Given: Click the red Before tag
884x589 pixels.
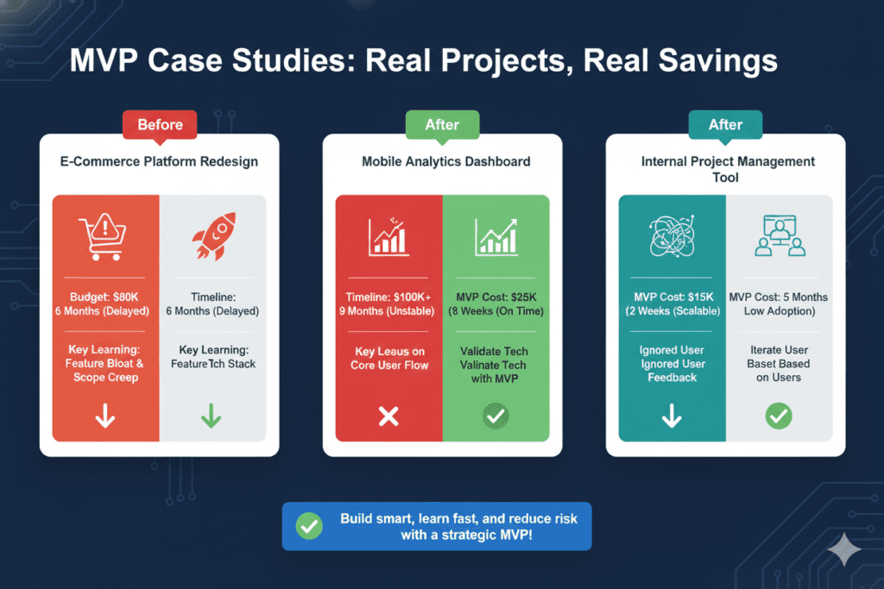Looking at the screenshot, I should tap(160, 124).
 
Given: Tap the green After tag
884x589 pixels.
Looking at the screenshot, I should tap(442, 124).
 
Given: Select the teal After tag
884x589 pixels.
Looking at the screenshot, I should tap(725, 124).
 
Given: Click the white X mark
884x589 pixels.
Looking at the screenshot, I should tap(388, 417).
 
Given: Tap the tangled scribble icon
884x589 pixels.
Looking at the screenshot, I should tap(672, 235).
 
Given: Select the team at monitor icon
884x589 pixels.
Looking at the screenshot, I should tap(779, 235).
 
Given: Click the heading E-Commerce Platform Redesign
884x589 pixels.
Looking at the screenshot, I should tap(160, 161).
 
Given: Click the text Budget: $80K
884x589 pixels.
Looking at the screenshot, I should tap(105, 297).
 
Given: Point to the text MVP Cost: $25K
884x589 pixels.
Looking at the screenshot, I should tap(496, 297).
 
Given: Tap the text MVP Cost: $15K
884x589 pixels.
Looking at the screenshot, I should tap(672, 297).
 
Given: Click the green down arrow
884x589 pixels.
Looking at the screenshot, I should tap(212, 417).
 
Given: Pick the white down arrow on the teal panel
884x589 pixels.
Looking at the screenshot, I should tap(672, 417).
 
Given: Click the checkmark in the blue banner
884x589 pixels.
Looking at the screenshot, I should tap(308, 526).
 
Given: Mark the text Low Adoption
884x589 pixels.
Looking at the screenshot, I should tap(779, 310).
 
